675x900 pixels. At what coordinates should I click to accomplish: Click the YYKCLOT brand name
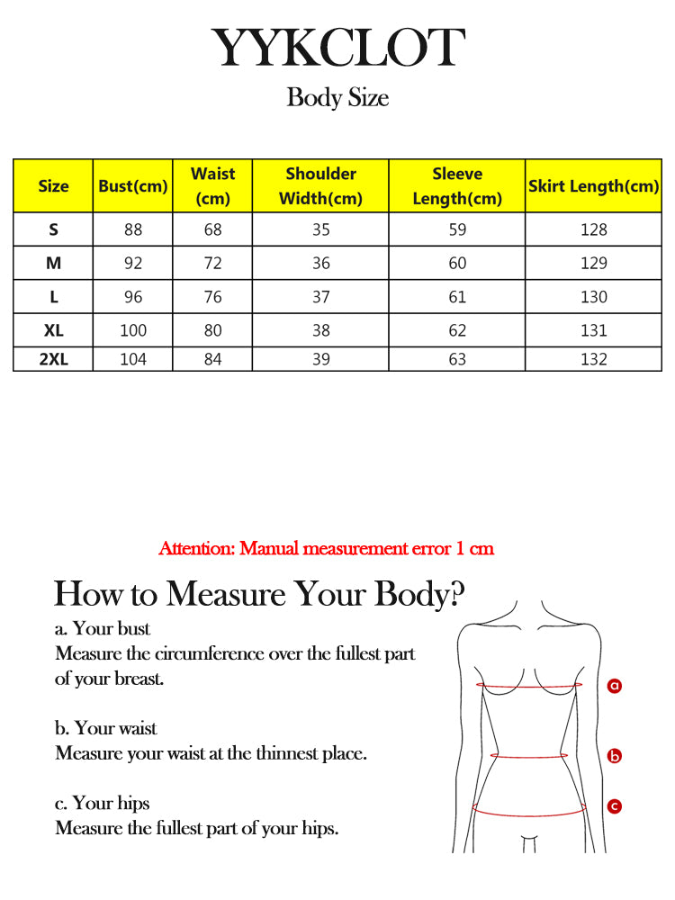[x=337, y=49]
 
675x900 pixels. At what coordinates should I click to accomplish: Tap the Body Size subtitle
[x=337, y=97]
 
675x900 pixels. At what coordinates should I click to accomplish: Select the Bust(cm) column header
[x=133, y=186]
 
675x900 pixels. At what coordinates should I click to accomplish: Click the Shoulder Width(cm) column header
[x=320, y=186]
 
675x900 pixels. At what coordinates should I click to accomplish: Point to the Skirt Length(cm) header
[x=593, y=186]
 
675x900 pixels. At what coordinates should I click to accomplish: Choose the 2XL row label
[x=53, y=359]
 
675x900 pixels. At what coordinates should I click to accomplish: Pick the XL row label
[x=53, y=330]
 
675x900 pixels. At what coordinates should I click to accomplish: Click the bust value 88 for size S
[x=133, y=229]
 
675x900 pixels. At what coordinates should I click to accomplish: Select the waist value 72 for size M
[x=212, y=264]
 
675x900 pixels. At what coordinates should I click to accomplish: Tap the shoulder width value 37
[x=320, y=297]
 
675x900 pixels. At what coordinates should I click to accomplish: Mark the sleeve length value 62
[x=457, y=330]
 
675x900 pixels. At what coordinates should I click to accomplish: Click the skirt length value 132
[x=593, y=359]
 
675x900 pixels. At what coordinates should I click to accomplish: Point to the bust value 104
[x=133, y=359]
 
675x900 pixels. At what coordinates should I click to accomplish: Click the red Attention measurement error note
[x=326, y=548]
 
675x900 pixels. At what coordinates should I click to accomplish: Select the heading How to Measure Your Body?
[x=260, y=594]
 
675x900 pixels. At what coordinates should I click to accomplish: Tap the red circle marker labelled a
[x=615, y=686]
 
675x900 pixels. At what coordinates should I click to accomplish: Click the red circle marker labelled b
[x=615, y=756]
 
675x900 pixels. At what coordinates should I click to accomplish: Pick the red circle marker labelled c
[x=615, y=806]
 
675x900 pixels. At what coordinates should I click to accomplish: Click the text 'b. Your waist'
[x=106, y=728]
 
